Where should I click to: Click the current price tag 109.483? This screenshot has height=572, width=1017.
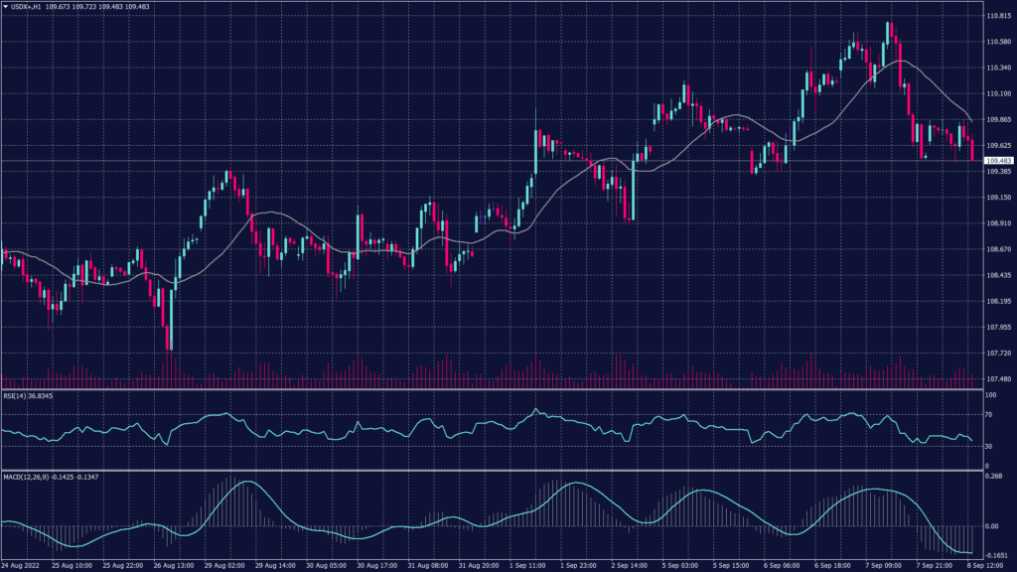(997, 160)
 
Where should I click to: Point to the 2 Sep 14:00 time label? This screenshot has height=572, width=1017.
(629, 565)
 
